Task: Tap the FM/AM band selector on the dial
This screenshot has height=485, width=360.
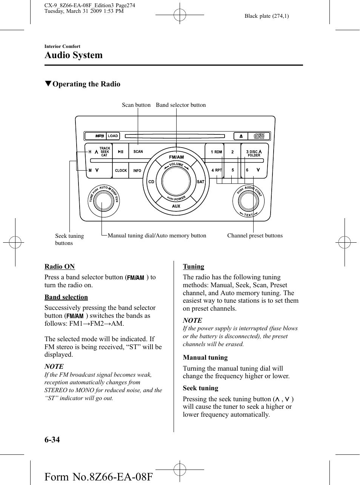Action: pyautogui.click(x=176, y=157)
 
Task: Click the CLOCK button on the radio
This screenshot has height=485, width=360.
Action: pyautogui.click(x=121, y=170)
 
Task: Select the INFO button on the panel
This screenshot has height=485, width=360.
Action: pyautogui.click(x=137, y=171)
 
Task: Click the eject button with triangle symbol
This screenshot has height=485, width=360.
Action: pyautogui.click(x=241, y=136)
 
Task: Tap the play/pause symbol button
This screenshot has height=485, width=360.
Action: pyautogui.click(x=120, y=151)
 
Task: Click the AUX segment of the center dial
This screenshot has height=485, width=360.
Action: pyautogui.click(x=176, y=206)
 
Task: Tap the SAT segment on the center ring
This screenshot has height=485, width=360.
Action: pyautogui.click(x=201, y=182)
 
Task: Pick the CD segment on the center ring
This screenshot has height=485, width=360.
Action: pyautogui.click(x=151, y=182)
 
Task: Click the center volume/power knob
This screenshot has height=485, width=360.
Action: pyautogui.click(x=176, y=181)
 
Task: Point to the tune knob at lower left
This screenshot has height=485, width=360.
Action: pyautogui.click(x=103, y=201)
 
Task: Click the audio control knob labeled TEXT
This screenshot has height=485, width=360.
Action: pyautogui.click(x=248, y=201)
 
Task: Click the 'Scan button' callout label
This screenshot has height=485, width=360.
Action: pyautogui.click(x=136, y=105)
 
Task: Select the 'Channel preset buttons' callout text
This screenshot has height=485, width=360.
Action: pyautogui.click(x=255, y=236)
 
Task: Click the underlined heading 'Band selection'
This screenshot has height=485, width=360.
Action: pyautogui.click(x=66, y=297)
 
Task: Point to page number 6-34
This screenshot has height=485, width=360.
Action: pyautogui.click(x=52, y=439)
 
